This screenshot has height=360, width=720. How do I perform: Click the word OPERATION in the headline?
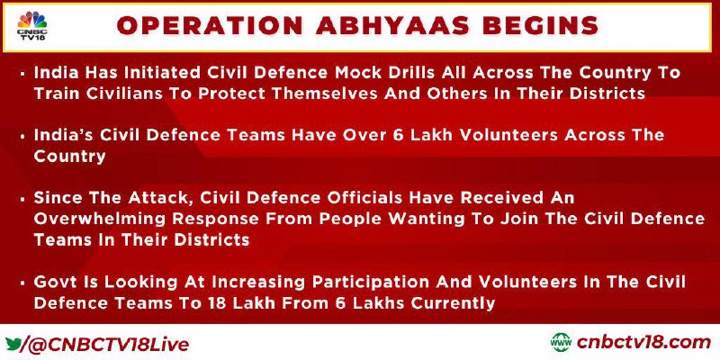point(210,26)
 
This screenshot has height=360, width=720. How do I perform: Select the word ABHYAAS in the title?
point(391,26)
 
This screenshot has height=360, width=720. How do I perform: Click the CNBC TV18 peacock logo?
point(31,26)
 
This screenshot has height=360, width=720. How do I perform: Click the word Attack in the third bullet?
point(141,198)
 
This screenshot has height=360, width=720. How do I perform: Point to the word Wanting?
point(422,219)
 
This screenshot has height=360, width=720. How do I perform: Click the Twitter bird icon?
point(13,344)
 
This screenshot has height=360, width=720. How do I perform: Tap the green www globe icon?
point(561,343)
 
